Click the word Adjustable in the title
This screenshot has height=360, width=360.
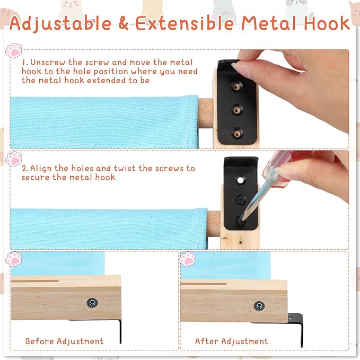click(60, 24)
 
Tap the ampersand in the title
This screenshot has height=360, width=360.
click(124, 23)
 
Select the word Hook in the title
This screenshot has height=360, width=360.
click(327, 23)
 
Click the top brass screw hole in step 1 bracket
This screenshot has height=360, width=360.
click(236, 86)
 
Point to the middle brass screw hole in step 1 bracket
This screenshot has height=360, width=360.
click(236, 110)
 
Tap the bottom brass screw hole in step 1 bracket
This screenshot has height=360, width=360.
click(237, 133)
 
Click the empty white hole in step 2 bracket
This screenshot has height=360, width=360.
click(240, 180)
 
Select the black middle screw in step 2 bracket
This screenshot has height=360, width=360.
click(241, 200)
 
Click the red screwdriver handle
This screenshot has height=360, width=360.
click(277, 169)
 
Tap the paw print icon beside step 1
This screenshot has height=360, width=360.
click(14, 50)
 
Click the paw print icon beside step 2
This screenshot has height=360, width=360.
click(14, 159)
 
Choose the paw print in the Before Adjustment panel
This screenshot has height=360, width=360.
click(14, 259)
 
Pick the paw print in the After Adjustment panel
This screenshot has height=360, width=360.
click(187, 259)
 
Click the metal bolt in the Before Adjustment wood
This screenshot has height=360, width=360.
click(93, 303)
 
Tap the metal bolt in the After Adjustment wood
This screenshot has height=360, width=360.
click(259, 305)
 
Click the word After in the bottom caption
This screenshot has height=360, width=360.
click(207, 341)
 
